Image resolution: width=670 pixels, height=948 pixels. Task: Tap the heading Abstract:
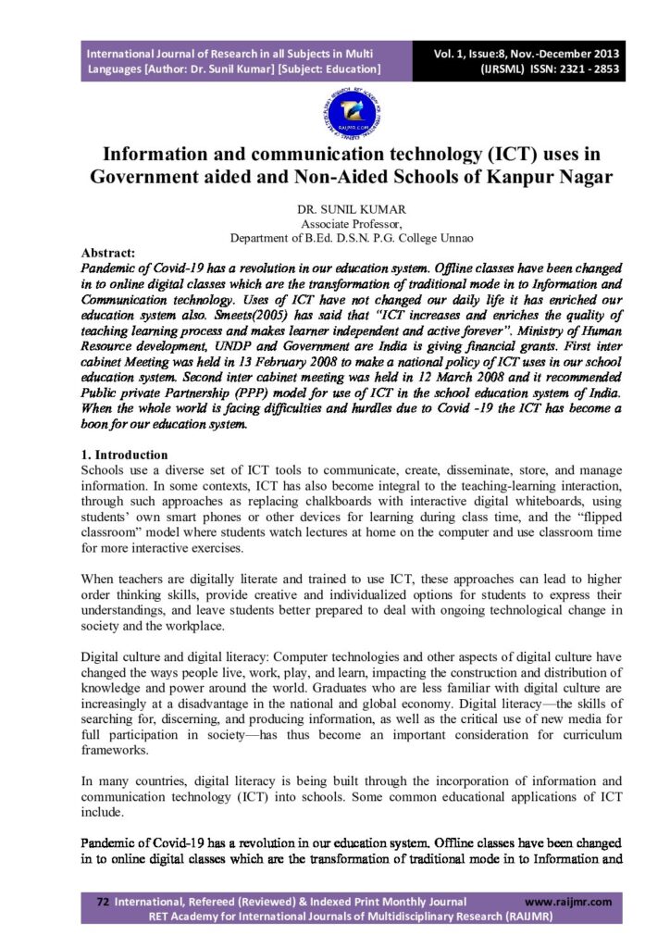[108, 253]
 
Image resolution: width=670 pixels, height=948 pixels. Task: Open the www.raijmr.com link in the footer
[568, 902]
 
